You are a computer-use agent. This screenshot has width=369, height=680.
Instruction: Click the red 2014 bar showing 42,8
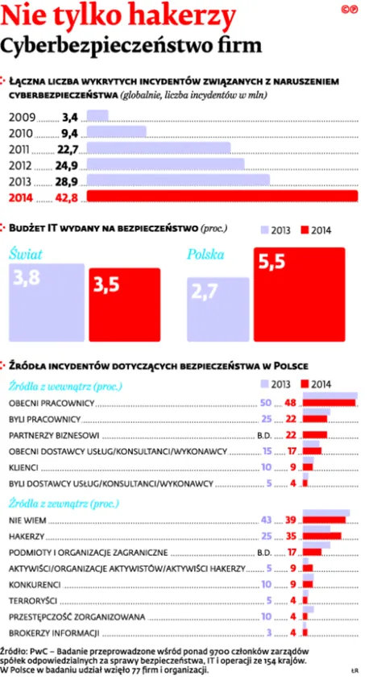coord(222,197)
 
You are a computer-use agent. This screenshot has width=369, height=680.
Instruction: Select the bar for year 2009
coord(97,116)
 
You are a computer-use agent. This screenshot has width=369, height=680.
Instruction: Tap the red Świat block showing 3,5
coord(124,300)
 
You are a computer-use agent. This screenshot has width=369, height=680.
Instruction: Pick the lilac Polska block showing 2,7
coord(217,304)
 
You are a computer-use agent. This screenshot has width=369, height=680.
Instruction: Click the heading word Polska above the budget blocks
coord(205,255)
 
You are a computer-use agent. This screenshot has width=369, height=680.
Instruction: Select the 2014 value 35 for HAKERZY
coord(292,535)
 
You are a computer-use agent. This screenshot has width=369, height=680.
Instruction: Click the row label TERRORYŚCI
coord(33,600)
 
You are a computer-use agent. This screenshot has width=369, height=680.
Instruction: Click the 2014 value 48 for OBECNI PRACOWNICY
coord(292,401)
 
